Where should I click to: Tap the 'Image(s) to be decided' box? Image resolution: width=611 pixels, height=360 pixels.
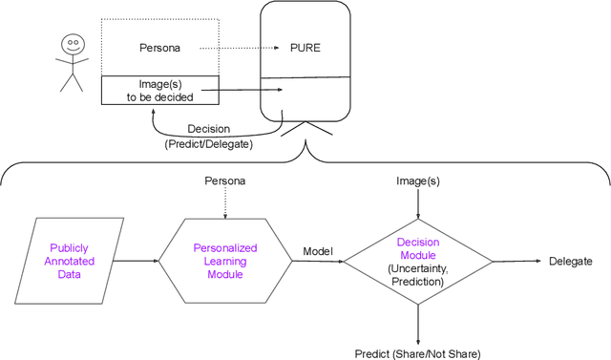pos(160,89)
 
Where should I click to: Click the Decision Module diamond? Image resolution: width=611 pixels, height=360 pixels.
pos(417,260)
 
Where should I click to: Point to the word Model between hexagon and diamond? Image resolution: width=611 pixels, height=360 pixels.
pos(318,252)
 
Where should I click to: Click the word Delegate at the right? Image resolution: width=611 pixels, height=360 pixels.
pos(570,261)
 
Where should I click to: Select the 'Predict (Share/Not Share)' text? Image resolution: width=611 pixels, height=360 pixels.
pos(417,351)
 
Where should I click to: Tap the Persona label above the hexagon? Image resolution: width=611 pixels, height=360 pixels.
pos(225,180)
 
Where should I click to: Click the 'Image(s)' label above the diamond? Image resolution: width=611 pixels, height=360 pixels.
pos(417,180)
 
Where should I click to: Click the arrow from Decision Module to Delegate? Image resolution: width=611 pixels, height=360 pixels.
pos(516,261)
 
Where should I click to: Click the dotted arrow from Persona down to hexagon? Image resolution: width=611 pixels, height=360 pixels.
pos(225,202)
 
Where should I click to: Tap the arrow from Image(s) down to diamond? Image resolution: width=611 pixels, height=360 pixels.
pos(417,202)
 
